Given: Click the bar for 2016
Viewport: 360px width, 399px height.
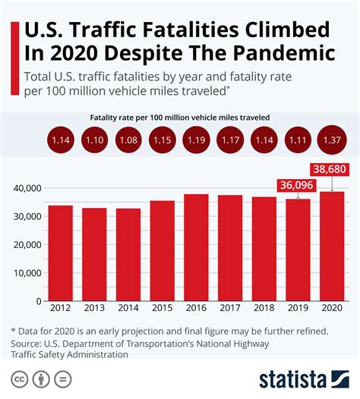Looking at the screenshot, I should pos(196,247).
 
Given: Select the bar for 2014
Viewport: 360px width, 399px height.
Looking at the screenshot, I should pos(128,254).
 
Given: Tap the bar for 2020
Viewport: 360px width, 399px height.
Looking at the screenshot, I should pos(332,246).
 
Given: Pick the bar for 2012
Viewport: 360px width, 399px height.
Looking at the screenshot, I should pos(60,253).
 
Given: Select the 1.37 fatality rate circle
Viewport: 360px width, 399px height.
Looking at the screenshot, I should pos(332,140).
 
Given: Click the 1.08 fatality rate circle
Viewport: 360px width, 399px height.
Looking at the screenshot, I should pos(128,140).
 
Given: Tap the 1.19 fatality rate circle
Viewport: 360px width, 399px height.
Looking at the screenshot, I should pos(196,140).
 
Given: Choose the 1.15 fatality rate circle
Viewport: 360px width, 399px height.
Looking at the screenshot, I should pos(162,140).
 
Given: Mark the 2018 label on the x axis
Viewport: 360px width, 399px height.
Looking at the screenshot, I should pos(264,309).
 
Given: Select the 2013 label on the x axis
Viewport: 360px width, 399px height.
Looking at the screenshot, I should pos(94,309).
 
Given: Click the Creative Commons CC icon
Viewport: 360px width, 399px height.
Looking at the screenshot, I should pos(18,379).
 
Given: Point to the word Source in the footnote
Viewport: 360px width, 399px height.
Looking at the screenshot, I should pos(29,343).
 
